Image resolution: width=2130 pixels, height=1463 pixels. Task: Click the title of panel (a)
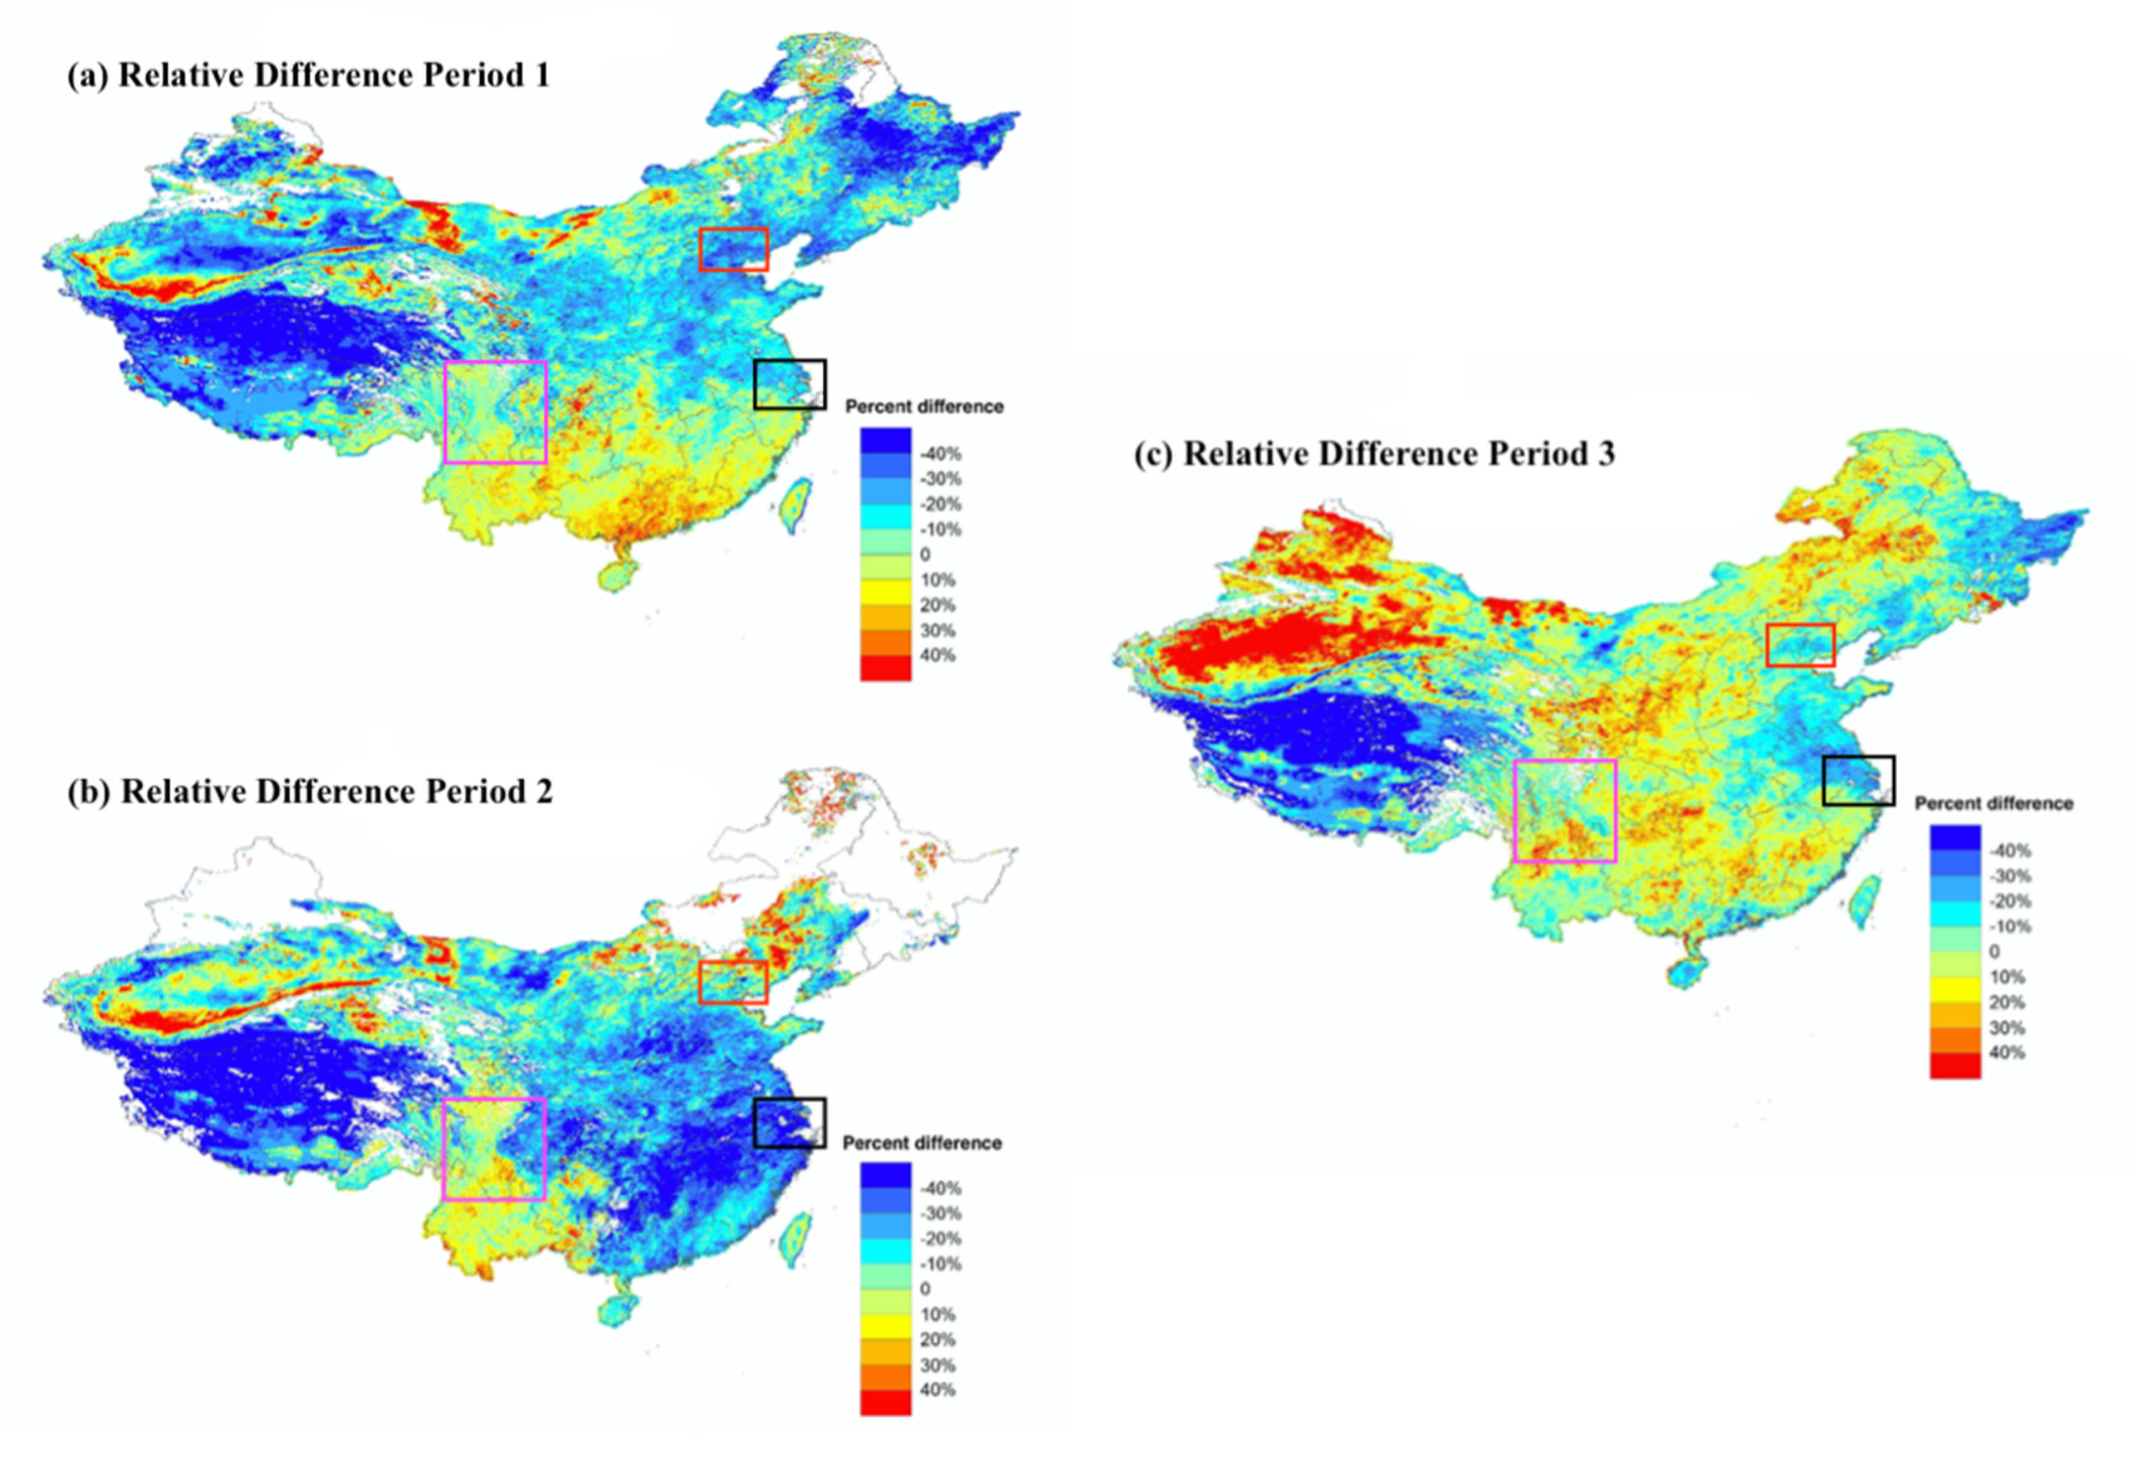pyautogui.click(x=308, y=75)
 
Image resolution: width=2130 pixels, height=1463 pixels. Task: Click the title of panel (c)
pyautogui.click(x=1374, y=455)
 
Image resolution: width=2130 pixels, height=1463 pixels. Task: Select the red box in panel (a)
pyautogui.click(x=733, y=250)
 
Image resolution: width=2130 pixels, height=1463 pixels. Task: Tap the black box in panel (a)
pyautogui.click(x=789, y=384)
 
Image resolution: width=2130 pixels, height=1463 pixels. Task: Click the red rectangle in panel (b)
pyautogui.click(x=732, y=983)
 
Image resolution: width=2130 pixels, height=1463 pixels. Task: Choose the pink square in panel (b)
pyautogui.click(x=495, y=1149)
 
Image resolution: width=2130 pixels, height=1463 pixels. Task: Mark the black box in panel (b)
pyautogui.click(x=789, y=1123)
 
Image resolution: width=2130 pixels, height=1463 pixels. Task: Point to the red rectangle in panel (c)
pyautogui.click(x=1800, y=645)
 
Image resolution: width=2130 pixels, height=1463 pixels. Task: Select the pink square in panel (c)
pyautogui.click(x=1564, y=811)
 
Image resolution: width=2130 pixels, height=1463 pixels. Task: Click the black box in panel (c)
pyautogui.click(x=1858, y=781)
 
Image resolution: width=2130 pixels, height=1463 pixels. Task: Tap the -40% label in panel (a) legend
pyautogui.click(x=940, y=455)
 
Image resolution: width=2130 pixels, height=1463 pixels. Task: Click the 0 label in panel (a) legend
pyautogui.click(x=925, y=555)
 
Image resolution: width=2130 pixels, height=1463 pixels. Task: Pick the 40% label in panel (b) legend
pyautogui.click(x=936, y=1389)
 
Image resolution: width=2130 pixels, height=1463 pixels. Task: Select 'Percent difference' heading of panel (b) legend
pyautogui.click(x=922, y=1143)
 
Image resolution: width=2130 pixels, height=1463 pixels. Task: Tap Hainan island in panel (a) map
pyautogui.click(x=617, y=575)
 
